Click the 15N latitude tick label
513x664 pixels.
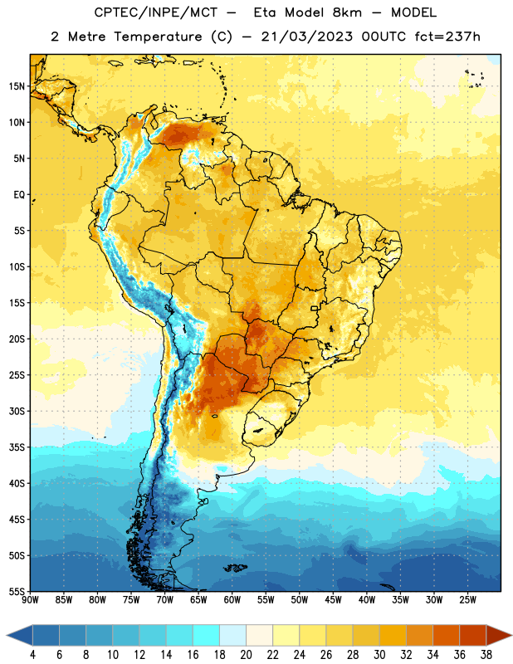pos(17,86)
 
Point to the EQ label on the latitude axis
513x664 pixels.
pos(19,195)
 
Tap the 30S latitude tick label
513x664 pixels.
pos(17,411)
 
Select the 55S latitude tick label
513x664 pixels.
pos(17,592)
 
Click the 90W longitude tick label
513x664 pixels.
pos(30,600)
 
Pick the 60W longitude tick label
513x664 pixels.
pos(232,600)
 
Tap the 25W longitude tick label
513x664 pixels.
pos(467,600)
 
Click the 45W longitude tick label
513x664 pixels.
pos(333,600)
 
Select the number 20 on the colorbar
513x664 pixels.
pos(246,655)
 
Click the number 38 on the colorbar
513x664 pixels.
pos(486,655)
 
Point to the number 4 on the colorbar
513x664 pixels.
pos(32,655)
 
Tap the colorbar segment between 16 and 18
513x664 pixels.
pos(207,636)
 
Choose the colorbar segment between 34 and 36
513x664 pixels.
pos(446,636)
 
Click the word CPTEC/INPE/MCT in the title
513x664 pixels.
pos(156,12)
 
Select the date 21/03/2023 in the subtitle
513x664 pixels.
pos(306,37)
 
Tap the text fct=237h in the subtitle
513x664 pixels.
pos(447,37)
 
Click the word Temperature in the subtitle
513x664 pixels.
pos(158,37)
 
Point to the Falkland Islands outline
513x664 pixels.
pos(235,568)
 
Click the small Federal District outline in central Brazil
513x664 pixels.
pos(315,308)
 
